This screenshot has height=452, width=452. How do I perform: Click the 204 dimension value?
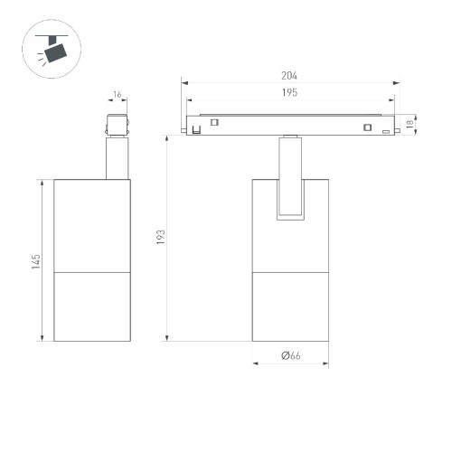[x=289, y=75]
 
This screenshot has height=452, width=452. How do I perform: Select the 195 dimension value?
[x=289, y=92]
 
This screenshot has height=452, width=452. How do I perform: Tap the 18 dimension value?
[x=410, y=124]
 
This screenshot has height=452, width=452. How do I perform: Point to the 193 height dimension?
[x=161, y=237]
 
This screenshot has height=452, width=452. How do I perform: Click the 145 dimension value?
[x=36, y=261]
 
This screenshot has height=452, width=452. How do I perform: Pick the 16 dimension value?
[x=117, y=95]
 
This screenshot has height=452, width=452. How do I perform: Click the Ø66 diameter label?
[x=291, y=355]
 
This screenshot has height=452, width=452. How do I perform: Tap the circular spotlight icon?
[x=52, y=49]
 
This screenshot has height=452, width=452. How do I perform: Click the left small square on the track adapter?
[x=214, y=122]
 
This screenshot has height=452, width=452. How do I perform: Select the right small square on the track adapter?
[x=367, y=127]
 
